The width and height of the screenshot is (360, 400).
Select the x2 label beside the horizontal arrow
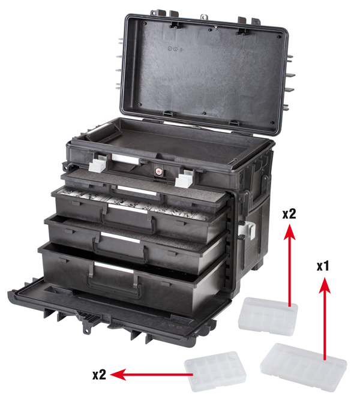click(99, 375)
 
